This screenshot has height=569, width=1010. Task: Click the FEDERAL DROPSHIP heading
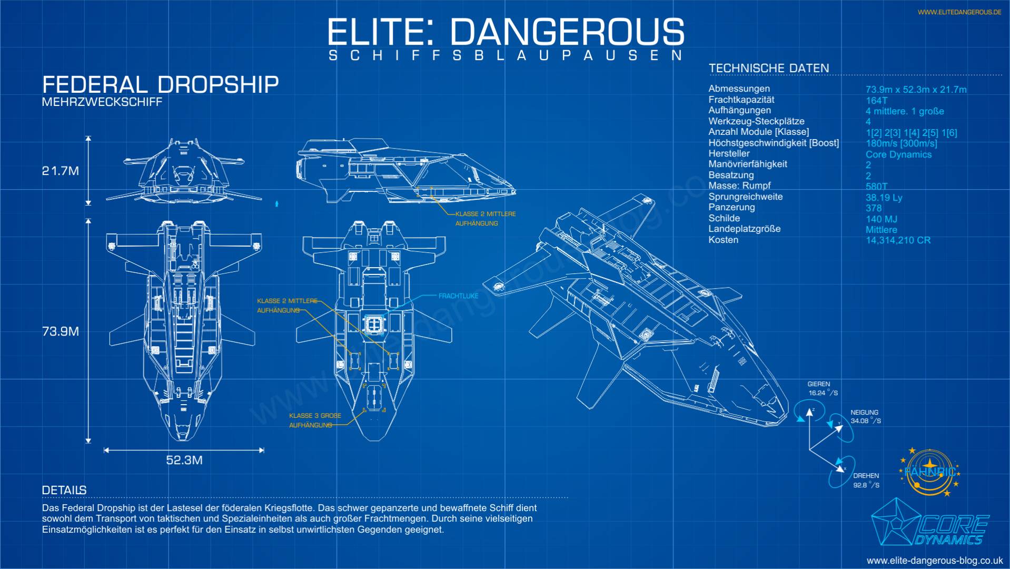(x=160, y=85)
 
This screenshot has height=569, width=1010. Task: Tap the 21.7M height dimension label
(x=61, y=171)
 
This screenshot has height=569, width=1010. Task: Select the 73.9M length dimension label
(x=61, y=331)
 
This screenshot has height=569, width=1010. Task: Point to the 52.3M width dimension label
(x=184, y=460)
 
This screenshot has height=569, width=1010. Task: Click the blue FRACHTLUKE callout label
(x=459, y=296)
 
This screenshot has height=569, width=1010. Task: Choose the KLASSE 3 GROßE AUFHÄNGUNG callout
(x=315, y=420)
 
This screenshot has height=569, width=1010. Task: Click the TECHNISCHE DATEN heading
(x=769, y=68)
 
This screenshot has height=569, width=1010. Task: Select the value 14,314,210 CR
(x=898, y=240)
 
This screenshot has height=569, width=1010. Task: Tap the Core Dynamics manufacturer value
(x=898, y=154)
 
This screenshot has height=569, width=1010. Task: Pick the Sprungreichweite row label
(x=746, y=197)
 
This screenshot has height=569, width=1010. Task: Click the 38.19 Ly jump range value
(x=884, y=198)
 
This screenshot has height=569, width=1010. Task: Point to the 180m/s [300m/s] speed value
(x=902, y=143)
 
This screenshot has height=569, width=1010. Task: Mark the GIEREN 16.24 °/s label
(x=823, y=389)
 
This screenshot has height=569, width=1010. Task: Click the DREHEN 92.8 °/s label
(x=866, y=480)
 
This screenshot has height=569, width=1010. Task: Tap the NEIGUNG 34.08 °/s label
(x=865, y=417)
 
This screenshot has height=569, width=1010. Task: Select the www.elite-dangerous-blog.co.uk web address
(x=935, y=561)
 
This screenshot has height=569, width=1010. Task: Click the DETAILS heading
(x=64, y=490)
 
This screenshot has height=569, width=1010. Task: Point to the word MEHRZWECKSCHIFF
(x=102, y=102)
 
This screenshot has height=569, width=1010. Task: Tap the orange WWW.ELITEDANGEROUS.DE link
(x=959, y=12)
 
